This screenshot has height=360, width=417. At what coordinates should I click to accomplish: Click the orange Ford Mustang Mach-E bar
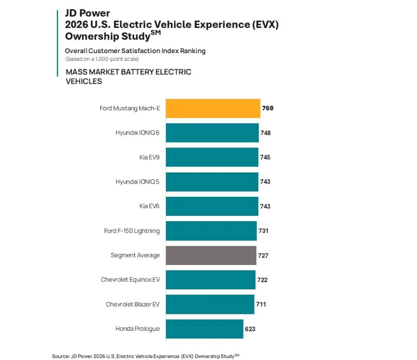[x=213, y=108]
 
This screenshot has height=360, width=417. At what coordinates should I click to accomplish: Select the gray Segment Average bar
[x=211, y=255]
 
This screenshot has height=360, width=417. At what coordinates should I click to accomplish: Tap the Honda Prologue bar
[x=204, y=329]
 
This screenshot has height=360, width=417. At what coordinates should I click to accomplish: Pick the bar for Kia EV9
[x=212, y=157]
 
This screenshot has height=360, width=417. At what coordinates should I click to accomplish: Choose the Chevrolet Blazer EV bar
[x=210, y=304]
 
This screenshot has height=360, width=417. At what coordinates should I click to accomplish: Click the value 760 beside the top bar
[x=268, y=108]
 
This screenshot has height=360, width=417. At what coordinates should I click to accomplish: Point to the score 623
[x=250, y=329]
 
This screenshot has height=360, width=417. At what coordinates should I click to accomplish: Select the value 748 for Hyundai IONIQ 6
[x=265, y=133]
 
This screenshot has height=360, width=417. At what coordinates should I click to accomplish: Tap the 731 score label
[x=263, y=231]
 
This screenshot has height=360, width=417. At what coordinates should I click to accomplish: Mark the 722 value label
[x=262, y=280]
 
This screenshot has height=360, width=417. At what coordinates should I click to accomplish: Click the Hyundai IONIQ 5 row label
[x=137, y=182]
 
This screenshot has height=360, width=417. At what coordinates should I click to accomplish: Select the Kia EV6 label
[x=149, y=206]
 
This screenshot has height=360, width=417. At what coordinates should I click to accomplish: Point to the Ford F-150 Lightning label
[x=132, y=231]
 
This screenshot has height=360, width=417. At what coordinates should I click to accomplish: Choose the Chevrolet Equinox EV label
[x=130, y=280]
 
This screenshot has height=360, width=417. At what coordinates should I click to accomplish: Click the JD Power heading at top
[x=88, y=13]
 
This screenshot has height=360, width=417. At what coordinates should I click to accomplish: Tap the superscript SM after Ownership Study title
[x=156, y=33]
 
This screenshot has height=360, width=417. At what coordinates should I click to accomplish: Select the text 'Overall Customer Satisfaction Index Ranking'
[x=135, y=51]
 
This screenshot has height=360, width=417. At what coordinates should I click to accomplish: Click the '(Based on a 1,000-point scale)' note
[x=102, y=59]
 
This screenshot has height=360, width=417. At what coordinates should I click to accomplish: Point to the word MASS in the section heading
[x=76, y=72]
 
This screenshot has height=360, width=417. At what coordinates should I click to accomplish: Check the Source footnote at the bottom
[x=145, y=356]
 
